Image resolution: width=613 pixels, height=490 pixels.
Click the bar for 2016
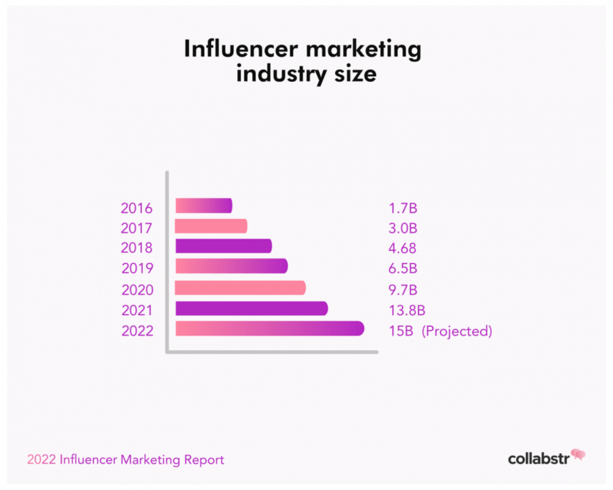click(204, 206)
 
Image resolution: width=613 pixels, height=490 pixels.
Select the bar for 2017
click(211, 226)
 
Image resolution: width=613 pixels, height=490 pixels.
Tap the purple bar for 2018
click(223, 246)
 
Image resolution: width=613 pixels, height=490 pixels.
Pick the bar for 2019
click(231, 266)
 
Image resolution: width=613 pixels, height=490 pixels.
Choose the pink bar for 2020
click(240, 288)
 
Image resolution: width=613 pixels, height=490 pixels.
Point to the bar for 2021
click(252, 308)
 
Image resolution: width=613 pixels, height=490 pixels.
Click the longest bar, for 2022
click(269, 329)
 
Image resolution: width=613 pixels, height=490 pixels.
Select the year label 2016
click(137, 208)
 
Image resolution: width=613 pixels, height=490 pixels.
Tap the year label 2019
click(137, 268)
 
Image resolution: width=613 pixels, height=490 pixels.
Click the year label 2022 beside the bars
click(137, 332)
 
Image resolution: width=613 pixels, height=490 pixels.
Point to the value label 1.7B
click(403, 208)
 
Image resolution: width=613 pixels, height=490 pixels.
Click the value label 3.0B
click(403, 228)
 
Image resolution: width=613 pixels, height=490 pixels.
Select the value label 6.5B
click(403, 268)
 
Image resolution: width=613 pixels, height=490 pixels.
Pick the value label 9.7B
click(403, 290)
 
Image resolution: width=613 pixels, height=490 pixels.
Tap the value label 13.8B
click(407, 311)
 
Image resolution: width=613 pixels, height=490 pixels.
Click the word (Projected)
click(457, 332)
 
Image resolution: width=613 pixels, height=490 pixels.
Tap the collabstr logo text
click(538, 458)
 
